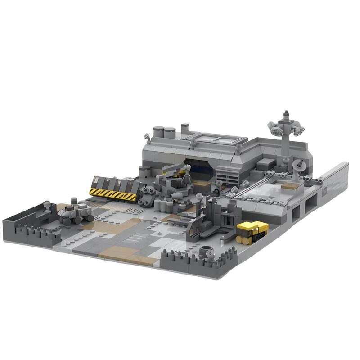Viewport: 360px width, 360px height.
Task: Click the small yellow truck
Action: click(252, 231)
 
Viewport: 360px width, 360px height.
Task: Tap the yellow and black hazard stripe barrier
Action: click(112, 194)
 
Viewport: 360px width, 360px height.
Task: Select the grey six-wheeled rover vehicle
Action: click(75, 213)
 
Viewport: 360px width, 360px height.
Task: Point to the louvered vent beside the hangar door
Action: click(227, 173)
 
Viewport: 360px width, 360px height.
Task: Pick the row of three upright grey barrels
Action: click(165, 205)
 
